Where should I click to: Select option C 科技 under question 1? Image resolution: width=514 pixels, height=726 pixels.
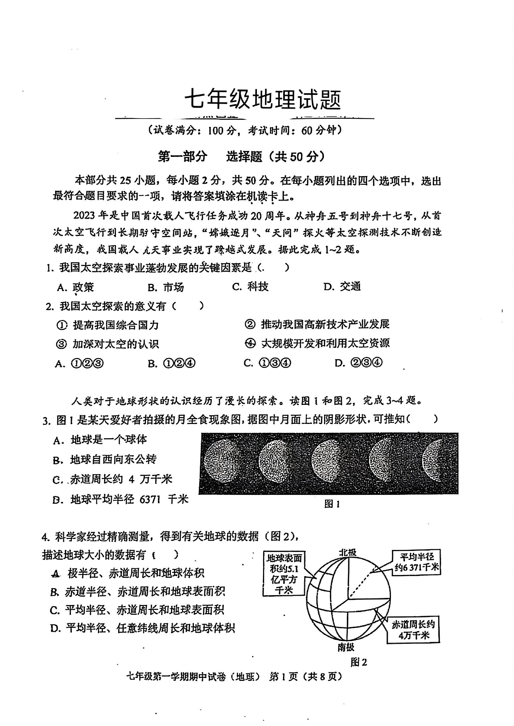point(250,287)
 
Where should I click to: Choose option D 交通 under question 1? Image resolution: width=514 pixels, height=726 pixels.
point(342,287)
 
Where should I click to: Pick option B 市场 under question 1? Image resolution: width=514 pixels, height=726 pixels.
point(166,287)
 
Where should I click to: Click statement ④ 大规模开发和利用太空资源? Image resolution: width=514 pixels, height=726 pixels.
point(317,343)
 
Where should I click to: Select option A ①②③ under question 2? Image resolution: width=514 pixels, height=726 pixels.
point(79,364)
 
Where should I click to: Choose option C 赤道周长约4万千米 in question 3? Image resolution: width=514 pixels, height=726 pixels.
point(113,479)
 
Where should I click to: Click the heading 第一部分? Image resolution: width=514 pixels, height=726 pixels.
point(183,156)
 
